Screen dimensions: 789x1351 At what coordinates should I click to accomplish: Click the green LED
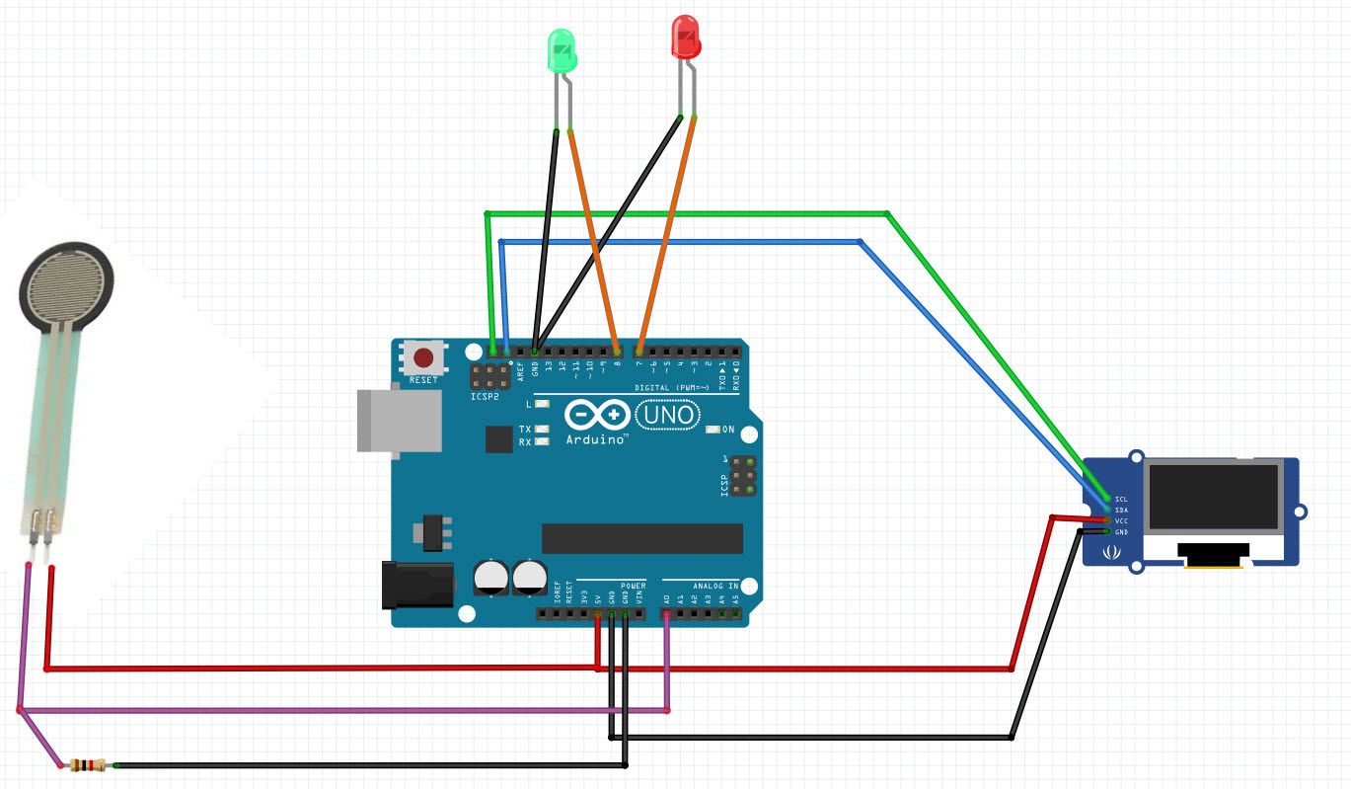(x=562, y=50)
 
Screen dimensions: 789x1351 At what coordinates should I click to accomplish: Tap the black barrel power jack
(x=415, y=584)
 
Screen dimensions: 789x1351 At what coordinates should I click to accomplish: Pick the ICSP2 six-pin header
(x=489, y=377)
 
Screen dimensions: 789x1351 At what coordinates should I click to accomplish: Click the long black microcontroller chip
(x=641, y=538)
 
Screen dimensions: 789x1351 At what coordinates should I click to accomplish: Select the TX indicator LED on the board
(x=540, y=430)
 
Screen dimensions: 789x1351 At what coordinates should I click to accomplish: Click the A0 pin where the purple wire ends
(x=667, y=614)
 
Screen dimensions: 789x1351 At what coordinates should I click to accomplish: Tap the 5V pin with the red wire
(x=598, y=614)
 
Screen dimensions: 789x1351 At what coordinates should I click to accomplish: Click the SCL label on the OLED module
(x=1121, y=500)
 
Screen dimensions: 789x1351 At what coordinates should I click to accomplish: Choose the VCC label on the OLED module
(x=1121, y=520)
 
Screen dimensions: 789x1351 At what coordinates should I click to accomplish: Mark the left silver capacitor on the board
(x=491, y=577)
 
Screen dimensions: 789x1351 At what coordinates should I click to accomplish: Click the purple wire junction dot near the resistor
(x=20, y=709)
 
